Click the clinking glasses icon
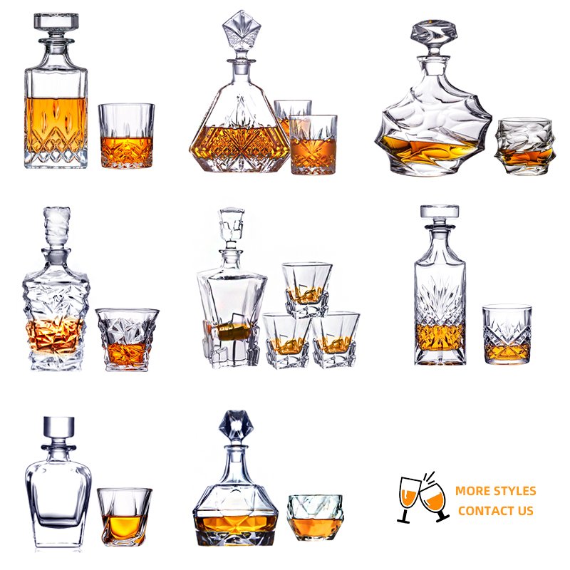423,497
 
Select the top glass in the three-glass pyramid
307,289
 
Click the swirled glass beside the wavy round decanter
524,145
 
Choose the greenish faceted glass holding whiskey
315,517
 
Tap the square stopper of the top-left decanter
56,22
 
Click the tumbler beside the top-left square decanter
127,136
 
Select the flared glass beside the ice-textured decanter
128,339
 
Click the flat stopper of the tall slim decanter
440,212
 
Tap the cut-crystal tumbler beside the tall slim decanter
507,333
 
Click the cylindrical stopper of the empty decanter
58,427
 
